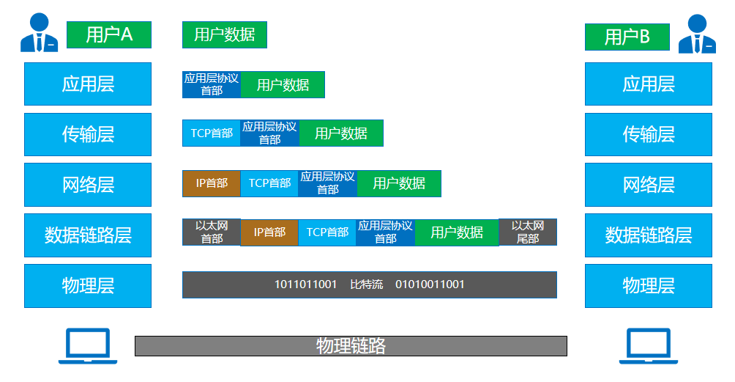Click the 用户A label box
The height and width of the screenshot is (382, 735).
(109, 34)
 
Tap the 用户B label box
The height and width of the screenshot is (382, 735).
(627, 37)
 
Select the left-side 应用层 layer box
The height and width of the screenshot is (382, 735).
(88, 84)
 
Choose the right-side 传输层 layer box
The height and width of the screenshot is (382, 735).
(648, 134)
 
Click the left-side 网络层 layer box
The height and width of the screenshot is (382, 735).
(88, 184)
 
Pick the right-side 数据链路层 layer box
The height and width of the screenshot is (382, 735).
(648, 235)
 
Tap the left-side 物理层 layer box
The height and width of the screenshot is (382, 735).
(88, 285)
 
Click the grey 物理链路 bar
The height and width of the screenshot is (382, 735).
(351, 345)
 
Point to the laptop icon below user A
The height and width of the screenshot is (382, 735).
(88, 345)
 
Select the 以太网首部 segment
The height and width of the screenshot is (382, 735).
(211, 232)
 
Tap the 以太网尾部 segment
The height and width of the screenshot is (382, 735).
(527, 232)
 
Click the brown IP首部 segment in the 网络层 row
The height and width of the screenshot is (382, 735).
(211, 183)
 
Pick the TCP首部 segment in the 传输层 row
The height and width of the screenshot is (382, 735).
(211, 133)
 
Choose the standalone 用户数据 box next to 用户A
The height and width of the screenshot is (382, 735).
(224, 34)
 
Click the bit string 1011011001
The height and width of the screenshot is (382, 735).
(305, 284)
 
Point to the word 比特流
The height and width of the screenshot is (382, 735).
(366, 284)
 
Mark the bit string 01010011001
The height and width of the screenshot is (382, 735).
(430, 284)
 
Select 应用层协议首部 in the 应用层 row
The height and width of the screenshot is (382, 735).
(211, 84)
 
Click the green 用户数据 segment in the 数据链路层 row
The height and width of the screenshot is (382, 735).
(456, 232)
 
